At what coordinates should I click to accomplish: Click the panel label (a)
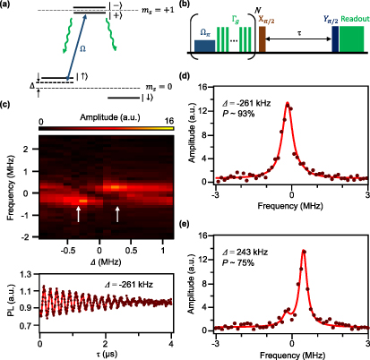[x=7, y=6]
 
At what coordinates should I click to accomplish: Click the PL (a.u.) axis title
[x=8, y=301]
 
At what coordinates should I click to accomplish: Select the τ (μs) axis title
[x=94, y=355]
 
